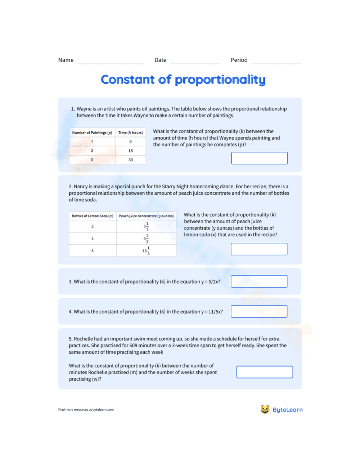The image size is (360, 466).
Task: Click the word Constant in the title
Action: tap(127, 80)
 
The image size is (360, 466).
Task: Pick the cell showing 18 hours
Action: tap(130, 151)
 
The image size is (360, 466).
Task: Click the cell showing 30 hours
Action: tap(130, 160)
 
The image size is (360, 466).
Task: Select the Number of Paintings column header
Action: tap(92, 133)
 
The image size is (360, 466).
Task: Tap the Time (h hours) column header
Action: tap(130, 133)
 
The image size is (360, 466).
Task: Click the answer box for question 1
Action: tap(259, 158)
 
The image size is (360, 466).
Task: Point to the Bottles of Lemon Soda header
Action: tap(93, 216)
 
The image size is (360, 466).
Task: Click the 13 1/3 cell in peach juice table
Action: tap(146, 251)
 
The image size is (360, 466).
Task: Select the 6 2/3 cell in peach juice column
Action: tap(146, 238)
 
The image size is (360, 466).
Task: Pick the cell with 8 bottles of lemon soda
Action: tap(93, 251)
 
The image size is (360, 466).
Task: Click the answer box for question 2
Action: tap(259, 249)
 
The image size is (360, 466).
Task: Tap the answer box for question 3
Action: tap(259, 281)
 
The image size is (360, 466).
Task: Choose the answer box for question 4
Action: tap(259, 312)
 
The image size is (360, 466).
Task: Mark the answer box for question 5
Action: tap(264, 372)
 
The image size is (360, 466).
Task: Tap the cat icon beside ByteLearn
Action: tap(265, 409)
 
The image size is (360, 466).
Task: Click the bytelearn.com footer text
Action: tap(103, 409)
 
